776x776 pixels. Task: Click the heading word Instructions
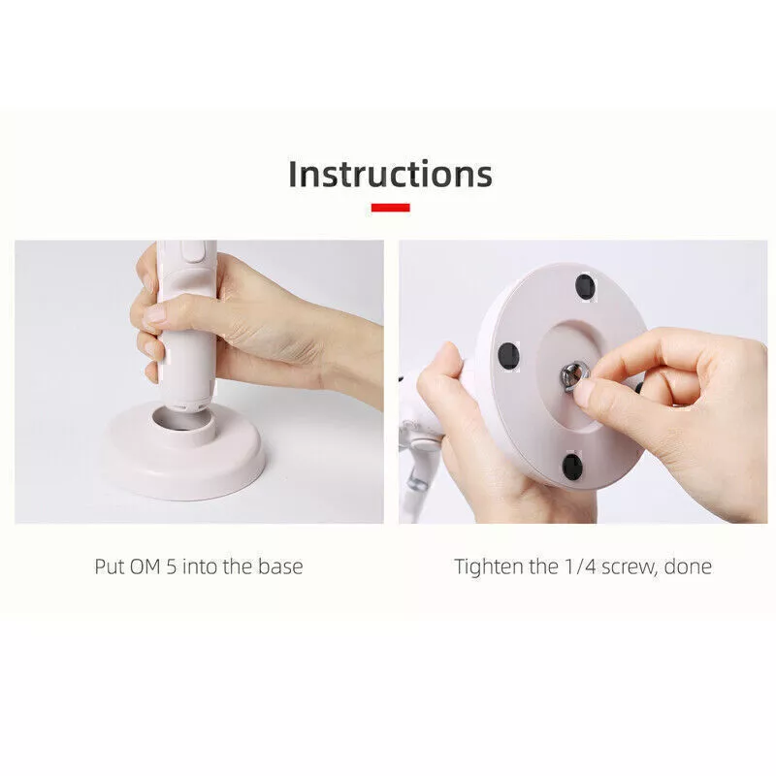click(390, 175)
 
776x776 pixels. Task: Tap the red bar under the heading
click(391, 208)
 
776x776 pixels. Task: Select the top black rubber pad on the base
click(586, 287)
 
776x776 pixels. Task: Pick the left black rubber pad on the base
click(508, 355)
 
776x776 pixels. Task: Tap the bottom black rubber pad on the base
click(572, 467)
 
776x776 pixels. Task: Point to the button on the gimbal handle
click(192, 251)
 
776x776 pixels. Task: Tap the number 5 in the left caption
click(172, 566)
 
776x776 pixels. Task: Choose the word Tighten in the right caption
click(489, 566)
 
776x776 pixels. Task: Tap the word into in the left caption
click(200, 566)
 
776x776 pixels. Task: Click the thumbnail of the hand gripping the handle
click(155, 313)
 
